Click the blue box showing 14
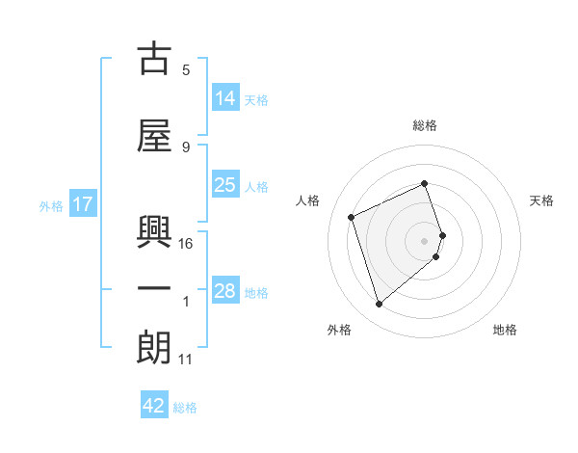pyautogui.click(x=224, y=98)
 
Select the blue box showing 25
pyautogui.click(x=224, y=186)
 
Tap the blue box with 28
pyautogui.click(x=224, y=291)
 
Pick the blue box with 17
pyautogui.click(x=83, y=204)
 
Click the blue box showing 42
pyautogui.click(x=154, y=406)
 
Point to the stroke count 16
pyautogui.click(x=186, y=244)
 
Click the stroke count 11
pyautogui.click(x=186, y=360)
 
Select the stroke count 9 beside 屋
pyautogui.click(x=186, y=147)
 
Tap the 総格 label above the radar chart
pyautogui.click(x=425, y=125)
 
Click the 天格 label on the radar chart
pyautogui.click(x=541, y=200)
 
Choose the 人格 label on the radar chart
pyautogui.click(x=308, y=200)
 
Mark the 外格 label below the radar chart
pyautogui.click(x=339, y=330)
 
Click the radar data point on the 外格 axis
pyautogui.click(x=379, y=305)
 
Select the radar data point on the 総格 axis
pyautogui.click(x=425, y=184)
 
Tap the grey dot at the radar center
pyautogui.click(x=425, y=240)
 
